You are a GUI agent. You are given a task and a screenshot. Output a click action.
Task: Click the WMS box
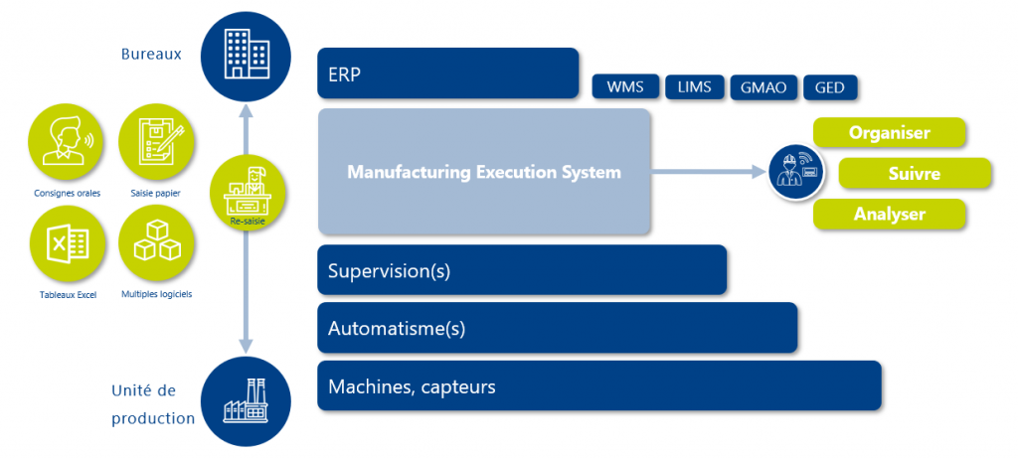coord(624,87)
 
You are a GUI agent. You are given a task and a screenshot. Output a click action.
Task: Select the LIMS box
coord(694,87)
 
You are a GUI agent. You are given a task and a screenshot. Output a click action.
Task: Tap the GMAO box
coord(763,87)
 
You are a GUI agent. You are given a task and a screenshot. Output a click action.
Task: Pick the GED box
coord(829,87)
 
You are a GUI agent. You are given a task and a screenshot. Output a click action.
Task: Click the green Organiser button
coord(890,132)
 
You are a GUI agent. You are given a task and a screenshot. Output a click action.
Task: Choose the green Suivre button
coord(915,174)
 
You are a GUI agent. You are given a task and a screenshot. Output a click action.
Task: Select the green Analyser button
coord(890,214)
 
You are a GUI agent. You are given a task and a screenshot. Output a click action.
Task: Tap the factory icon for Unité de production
coord(245,401)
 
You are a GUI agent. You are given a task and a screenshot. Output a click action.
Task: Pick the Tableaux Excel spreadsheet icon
coord(68,243)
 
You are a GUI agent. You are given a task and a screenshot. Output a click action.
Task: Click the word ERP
coord(344,75)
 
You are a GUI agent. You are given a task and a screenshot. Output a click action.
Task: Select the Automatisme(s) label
coord(397,328)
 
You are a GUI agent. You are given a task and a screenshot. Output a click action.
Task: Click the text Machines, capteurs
coord(412,386)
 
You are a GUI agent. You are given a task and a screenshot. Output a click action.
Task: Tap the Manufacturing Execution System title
coord(483,172)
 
